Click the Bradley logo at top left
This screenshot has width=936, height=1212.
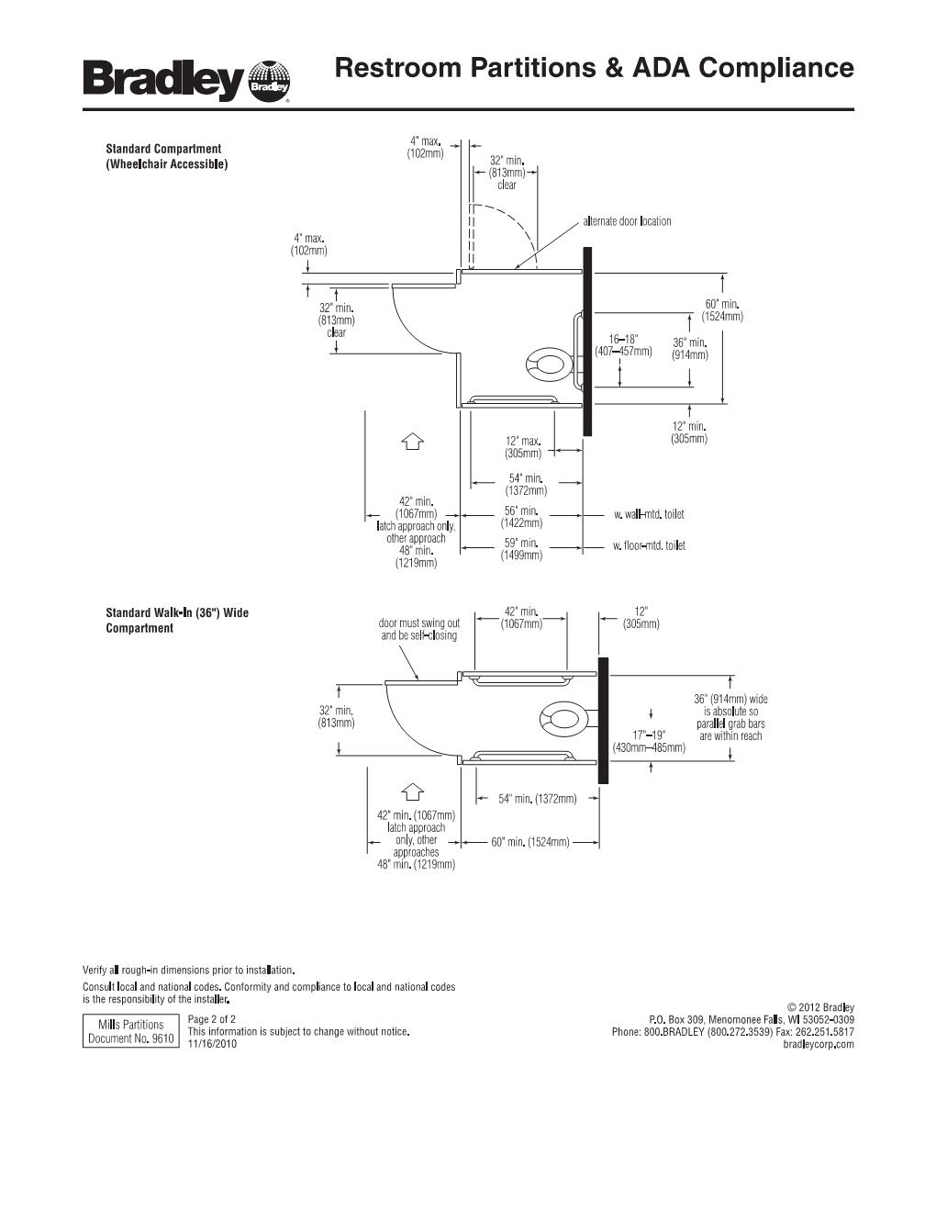point(186,81)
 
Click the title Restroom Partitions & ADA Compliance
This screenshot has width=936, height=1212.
point(594,68)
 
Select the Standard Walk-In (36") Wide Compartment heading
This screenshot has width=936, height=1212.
point(176,620)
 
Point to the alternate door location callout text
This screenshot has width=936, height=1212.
point(627,221)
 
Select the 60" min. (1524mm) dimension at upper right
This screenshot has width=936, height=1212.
point(722,310)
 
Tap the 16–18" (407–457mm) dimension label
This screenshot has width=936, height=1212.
point(623,345)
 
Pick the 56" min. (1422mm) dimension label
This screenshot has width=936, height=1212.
point(521,516)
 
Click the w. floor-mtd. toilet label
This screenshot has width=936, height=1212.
point(649,546)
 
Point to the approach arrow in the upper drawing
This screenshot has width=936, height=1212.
point(412,442)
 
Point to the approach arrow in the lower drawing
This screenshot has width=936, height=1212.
point(412,791)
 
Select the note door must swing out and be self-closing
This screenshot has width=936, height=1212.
point(419,629)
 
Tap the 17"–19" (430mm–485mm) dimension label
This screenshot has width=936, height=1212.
point(649,741)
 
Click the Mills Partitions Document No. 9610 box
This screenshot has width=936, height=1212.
point(130,1031)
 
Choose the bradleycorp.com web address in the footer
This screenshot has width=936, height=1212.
point(819,1044)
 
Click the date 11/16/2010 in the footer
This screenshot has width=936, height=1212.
point(212,1044)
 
